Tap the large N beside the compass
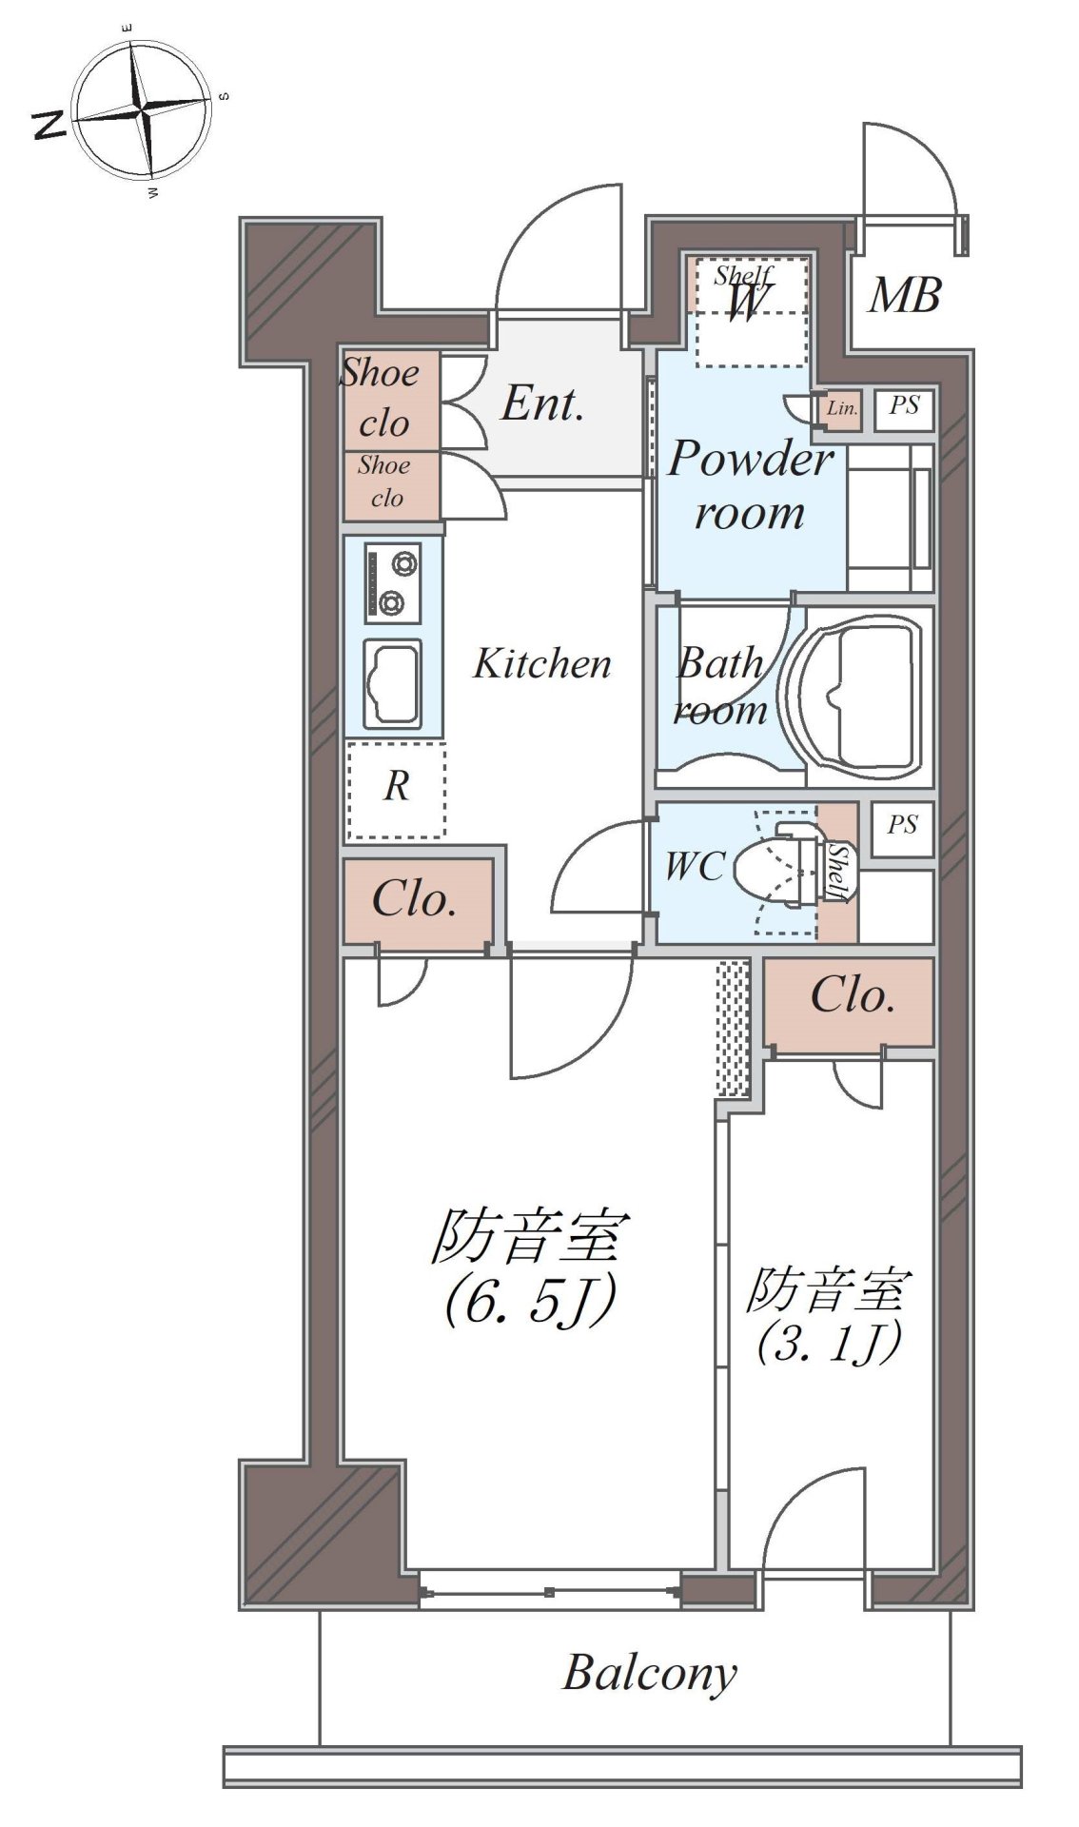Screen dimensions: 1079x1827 [x=49, y=124]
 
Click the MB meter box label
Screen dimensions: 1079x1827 [x=905, y=295]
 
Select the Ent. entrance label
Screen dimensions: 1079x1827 [x=541, y=403]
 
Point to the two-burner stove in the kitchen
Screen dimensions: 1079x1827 [x=392, y=582]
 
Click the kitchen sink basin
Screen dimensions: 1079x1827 [x=392, y=682]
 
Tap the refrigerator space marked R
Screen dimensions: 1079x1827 [x=396, y=790]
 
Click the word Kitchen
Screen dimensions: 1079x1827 [x=542, y=663]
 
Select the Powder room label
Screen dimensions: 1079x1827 [x=751, y=485]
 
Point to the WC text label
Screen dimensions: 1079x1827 [x=695, y=867]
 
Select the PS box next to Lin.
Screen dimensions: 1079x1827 [x=904, y=407]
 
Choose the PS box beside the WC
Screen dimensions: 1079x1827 [x=902, y=825]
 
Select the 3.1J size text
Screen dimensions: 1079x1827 [x=827, y=1346]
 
